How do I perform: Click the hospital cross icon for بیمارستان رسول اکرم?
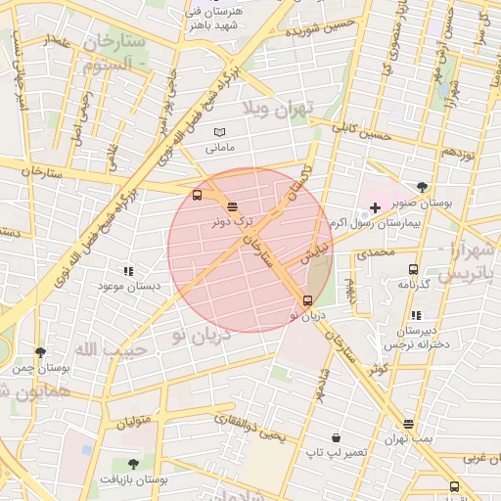click(375, 208)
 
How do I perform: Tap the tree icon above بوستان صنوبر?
click(422, 186)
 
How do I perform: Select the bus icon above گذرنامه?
click(413, 269)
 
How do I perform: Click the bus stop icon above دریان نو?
click(308, 300)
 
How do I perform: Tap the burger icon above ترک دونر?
click(232, 206)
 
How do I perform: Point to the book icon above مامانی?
click(219, 132)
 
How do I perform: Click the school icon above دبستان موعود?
click(127, 270)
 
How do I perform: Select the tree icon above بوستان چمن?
click(40, 352)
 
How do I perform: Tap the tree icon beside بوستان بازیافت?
click(133, 463)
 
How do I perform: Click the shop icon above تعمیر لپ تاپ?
click(337, 437)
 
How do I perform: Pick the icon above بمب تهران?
click(408, 424)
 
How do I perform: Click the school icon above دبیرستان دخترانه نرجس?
click(417, 315)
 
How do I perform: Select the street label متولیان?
click(137, 423)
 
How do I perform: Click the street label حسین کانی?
click(361, 131)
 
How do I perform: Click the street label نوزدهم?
click(458, 152)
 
